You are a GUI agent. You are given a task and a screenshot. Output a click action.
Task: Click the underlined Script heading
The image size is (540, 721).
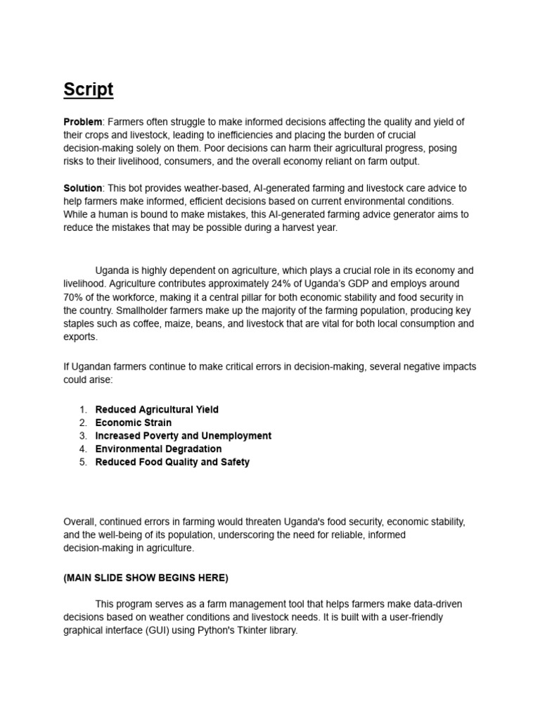[x=88, y=89]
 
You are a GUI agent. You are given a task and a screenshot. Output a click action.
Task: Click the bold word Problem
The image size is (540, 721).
[x=83, y=122]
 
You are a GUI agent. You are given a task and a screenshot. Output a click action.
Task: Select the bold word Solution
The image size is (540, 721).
[x=83, y=188]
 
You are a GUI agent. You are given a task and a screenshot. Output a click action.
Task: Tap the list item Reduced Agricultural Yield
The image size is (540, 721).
[x=157, y=409]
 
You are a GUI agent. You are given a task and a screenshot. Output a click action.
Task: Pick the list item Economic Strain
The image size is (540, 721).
[x=134, y=422]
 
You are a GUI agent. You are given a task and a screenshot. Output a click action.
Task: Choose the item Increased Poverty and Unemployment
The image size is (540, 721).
[x=183, y=436]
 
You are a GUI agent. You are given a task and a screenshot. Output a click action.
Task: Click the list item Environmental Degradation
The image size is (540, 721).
[x=158, y=449]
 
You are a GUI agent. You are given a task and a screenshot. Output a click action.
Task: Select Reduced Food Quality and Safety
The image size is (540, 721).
[x=172, y=462]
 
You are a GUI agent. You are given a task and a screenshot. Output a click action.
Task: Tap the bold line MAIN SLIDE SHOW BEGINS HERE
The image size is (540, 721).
[x=146, y=577]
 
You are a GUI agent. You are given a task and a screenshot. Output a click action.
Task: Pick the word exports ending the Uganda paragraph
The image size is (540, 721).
[x=79, y=337]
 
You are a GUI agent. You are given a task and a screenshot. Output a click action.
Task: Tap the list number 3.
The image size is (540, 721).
[x=83, y=436]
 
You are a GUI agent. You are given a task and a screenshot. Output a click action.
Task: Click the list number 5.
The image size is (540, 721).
[x=83, y=462]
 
